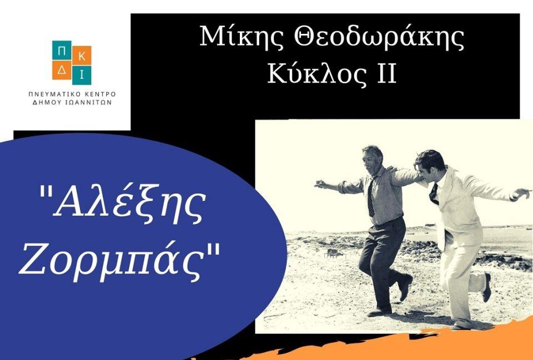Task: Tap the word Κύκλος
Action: point(315,74)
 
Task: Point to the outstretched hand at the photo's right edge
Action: point(521,193)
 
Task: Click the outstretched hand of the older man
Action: point(320,184)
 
